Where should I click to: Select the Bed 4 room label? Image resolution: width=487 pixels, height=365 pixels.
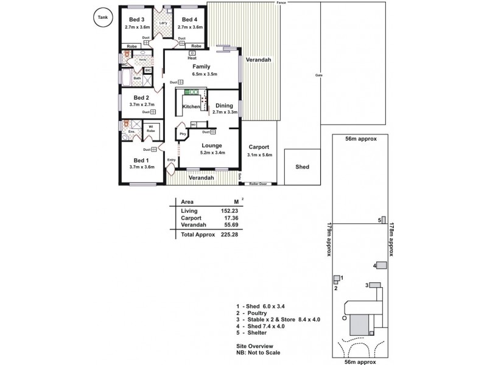(190, 19)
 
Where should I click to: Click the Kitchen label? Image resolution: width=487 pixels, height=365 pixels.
(191, 106)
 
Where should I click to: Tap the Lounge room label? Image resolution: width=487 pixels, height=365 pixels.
(212, 145)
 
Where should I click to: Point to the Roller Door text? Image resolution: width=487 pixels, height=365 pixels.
(258, 182)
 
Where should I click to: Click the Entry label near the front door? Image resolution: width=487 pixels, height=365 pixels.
(171, 160)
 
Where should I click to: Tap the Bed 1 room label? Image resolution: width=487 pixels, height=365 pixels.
(139, 159)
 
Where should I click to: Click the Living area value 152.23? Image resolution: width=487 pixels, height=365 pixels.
(228, 210)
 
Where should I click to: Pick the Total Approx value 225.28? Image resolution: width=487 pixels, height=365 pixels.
(228, 234)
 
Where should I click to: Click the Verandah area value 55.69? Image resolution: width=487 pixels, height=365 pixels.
(229, 224)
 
